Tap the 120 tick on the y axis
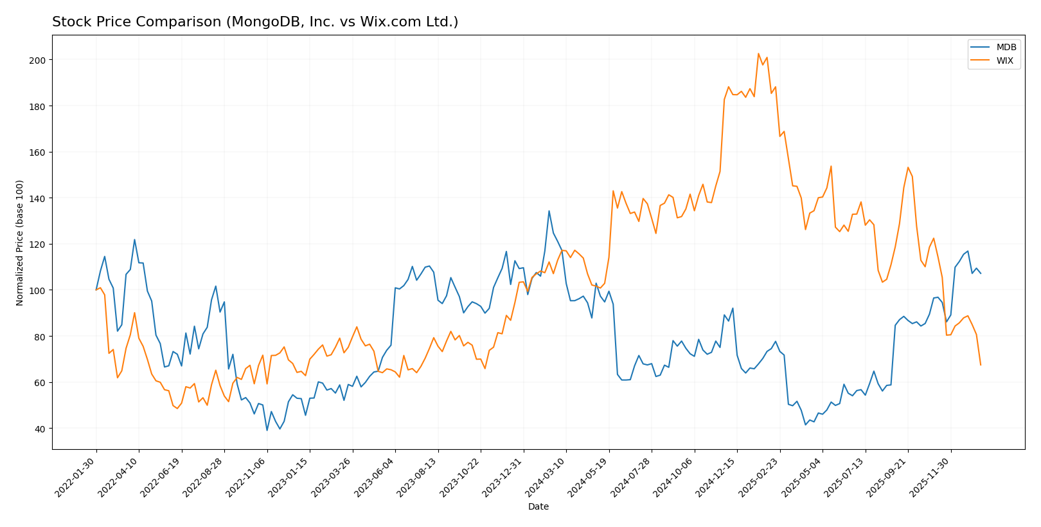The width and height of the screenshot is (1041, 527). tap(39, 245)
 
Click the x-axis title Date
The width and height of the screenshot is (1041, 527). tap(538, 507)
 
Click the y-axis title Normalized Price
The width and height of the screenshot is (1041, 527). tap(20, 243)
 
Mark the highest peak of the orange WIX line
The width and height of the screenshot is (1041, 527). tap(758, 53)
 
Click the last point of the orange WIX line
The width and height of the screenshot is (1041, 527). tap(981, 365)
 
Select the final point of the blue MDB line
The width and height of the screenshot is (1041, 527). tap(981, 273)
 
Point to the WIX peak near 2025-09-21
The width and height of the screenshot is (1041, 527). tap(908, 167)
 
